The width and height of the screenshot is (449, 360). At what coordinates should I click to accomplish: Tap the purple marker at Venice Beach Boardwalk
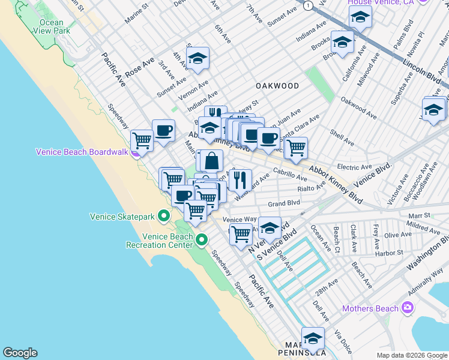pos(137,152)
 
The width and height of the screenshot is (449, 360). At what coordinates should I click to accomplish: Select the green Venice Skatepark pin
pos(163,216)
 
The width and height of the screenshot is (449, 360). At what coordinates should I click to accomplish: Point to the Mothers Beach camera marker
pos(408,308)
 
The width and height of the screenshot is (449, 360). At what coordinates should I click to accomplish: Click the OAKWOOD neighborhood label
pos(277,86)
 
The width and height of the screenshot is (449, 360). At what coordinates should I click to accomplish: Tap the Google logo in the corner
pos(20,353)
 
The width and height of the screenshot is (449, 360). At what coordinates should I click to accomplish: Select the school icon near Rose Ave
pos(196,58)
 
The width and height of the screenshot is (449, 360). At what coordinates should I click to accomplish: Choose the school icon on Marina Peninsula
pos(313,339)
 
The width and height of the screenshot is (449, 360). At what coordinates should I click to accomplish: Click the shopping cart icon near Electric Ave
pos(295,148)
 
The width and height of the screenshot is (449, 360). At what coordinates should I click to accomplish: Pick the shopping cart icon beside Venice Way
pos(241,233)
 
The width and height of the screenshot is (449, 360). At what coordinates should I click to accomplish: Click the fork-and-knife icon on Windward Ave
pos(240,179)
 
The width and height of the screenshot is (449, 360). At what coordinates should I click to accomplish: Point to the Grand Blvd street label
pos(283,203)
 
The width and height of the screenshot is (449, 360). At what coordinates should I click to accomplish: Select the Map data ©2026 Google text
pos(412,355)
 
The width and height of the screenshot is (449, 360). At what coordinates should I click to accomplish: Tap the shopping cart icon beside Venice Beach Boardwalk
pos(142,140)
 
